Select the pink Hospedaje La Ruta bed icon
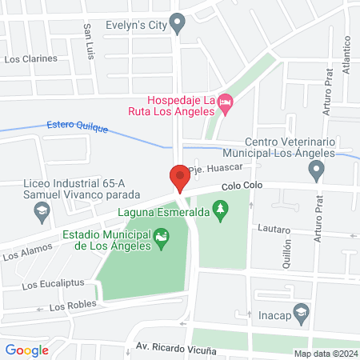click(x=226, y=102)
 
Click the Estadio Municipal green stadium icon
click(x=162, y=237)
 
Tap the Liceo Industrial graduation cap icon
click(x=40, y=212)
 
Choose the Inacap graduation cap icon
click(x=301, y=312)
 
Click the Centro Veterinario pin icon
click(x=318, y=169)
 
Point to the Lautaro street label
click(x=274, y=229)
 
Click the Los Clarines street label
click(x=31, y=58)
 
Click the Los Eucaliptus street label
click(x=50, y=284)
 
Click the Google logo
click(x=27, y=350)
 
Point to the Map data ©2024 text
click(x=324, y=353)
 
